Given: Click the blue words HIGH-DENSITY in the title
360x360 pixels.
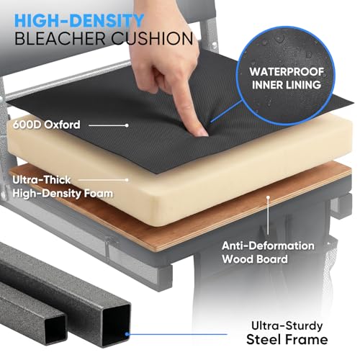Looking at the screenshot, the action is coord(79,21).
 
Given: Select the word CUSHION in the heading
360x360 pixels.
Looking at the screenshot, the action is coord(153,38).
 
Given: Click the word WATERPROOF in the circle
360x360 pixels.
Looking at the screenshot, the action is coord(287,72).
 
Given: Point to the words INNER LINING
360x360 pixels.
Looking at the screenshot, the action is coord(287,85).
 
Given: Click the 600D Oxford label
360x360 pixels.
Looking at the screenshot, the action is coord(46,125).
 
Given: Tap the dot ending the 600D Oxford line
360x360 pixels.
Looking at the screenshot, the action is coord(127,125).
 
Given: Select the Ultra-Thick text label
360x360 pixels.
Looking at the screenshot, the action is coord(42,180).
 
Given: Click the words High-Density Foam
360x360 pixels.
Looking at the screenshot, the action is coord(63,194).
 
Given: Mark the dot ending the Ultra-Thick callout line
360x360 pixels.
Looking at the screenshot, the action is coord(127,180).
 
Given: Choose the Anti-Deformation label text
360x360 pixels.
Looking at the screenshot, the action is coord(268,246).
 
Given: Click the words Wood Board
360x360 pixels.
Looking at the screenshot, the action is coord(255,259).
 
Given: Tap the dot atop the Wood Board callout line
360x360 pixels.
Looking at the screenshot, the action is coord(268,197).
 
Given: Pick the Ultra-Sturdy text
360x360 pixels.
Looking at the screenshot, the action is coord(287,326).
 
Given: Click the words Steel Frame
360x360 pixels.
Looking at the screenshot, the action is coord(287,340).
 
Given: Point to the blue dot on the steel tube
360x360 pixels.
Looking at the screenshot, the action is coord(127,334).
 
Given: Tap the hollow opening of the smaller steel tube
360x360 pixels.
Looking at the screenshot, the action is coord(55,330).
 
